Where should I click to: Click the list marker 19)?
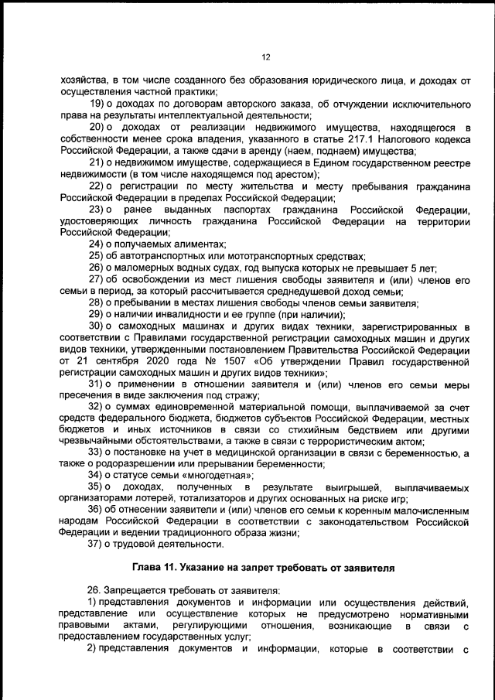[98, 104]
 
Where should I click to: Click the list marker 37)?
[98, 546]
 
